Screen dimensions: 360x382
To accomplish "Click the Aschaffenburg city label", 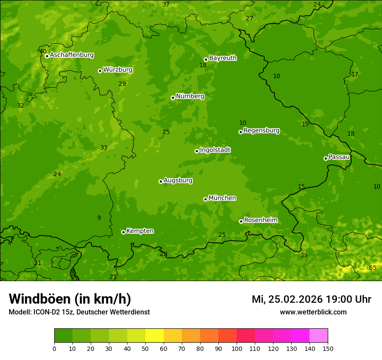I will click(72, 55).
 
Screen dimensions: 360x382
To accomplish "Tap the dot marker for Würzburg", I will click(100, 71).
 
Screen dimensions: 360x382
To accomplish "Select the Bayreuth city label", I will click(223, 58).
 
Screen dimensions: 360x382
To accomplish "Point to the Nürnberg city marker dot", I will click(173, 98).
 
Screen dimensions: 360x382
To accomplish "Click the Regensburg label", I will click(261, 131).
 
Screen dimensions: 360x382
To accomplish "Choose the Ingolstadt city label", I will click(215, 150).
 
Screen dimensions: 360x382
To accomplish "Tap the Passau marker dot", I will click(326, 158).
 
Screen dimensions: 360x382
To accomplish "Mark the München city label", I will click(222, 198).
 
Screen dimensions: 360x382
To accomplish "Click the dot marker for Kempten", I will click(123, 232).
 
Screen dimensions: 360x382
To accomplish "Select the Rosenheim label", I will click(260, 220).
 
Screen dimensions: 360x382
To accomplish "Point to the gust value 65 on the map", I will click(372, 268).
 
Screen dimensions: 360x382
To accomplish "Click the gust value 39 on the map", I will click(304, 255).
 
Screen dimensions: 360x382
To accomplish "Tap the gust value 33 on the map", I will click(104, 148).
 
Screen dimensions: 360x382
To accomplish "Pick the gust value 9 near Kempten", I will click(99, 218).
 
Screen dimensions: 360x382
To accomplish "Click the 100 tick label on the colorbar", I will click(237, 349).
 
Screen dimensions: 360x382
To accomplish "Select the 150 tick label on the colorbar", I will click(328, 349).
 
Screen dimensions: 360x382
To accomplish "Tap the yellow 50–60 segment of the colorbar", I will click(155, 336).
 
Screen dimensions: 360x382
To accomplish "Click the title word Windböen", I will click(40, 299).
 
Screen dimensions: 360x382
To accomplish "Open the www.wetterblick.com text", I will click(313, 312).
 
